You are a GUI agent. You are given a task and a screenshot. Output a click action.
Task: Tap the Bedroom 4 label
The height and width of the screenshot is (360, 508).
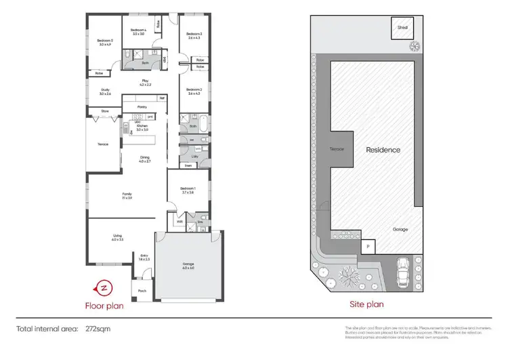[x=138, y=32]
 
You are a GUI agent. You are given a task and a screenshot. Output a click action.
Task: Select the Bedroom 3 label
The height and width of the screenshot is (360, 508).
[x=194, y=36]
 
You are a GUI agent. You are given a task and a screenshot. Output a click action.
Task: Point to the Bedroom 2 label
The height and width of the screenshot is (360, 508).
[x=194, y=91]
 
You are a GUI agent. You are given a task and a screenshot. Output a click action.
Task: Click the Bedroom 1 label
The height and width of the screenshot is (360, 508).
[x=188, y=190]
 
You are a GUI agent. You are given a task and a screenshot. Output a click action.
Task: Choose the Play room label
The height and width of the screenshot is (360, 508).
[x=144, y=83]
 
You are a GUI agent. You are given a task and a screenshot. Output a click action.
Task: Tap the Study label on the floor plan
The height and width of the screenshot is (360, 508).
[x=106, y=92]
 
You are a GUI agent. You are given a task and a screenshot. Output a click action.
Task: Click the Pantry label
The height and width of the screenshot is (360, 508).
[x=142, y=106]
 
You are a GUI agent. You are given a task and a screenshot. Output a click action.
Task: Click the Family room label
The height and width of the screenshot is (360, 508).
[x=127, y=195]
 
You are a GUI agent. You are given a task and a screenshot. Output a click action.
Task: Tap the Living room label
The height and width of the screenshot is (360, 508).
[x=117, y=237]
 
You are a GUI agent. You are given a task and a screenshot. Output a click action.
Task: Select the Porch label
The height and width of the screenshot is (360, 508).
[x=142, y=291]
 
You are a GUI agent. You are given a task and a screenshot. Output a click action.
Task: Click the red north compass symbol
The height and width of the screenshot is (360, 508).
[x=104, y=287]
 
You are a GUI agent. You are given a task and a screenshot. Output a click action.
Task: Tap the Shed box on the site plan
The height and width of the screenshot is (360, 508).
[x=402, y=28]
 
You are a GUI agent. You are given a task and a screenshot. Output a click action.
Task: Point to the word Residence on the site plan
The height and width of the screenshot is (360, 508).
[x=383, y=150]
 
